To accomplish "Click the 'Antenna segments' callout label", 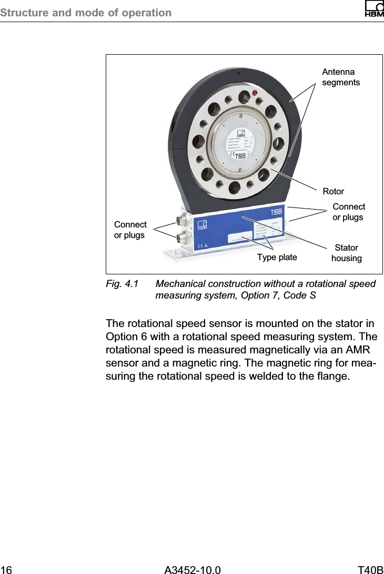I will pos(340,77).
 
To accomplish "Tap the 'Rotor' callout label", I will pos(333,191).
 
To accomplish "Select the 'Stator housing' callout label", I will pos(346,253).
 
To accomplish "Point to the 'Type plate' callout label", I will pos(277,257).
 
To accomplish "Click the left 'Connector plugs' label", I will pos(130,230).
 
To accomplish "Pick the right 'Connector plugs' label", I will pos(348,212).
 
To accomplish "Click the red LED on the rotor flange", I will pos(255,94).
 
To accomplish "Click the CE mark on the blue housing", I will pos(201,245).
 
